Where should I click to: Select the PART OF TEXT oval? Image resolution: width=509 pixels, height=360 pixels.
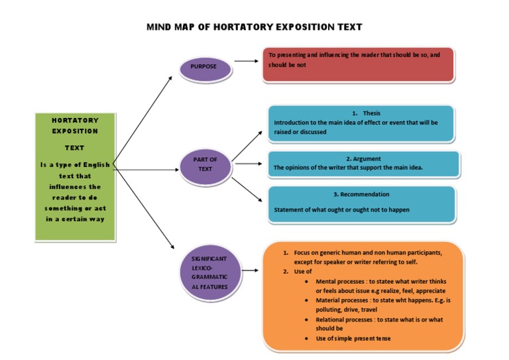click(x=205, y=164)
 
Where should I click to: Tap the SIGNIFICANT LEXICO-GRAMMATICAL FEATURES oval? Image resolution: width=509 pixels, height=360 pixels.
click(x=209, y=272)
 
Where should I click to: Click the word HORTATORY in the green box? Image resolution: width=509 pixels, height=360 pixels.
click(x=75, y=121)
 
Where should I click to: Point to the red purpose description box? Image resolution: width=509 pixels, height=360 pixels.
click(x=358, y=64)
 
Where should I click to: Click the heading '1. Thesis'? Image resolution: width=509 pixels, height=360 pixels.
click(x=366, y=113)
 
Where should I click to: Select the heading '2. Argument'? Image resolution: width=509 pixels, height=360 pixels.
click(x=363, y=159)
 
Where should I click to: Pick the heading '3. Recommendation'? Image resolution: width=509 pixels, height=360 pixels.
click(x=361, y=194)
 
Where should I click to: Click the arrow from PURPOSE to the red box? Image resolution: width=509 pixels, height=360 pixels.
click(x=246, y=61)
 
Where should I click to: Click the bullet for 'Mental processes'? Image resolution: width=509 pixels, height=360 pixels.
click(x=306, y=282)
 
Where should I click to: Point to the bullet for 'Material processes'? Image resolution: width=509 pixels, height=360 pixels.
click(x=306, y=300)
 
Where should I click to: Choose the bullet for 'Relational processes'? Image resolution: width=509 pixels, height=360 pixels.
click(x=306, y=320)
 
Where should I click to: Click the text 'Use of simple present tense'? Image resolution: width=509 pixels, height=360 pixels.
click(x=353, y=339)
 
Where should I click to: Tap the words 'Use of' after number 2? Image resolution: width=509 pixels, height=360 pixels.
click(x=303, y=272)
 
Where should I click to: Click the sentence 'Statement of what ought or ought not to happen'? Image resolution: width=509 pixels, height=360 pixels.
click(x=342, y=210)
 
